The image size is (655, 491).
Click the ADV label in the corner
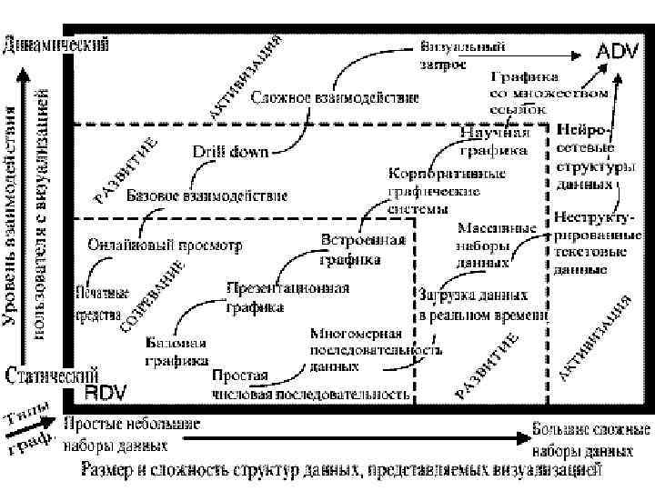tap(618, 52)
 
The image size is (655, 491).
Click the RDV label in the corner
tap(106, 393)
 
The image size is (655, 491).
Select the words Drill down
tap(230, 151)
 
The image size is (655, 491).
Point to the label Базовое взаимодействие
tap(207, 195)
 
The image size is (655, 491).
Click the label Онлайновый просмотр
tap(166, 245)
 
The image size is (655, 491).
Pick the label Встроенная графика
tap(349, 249)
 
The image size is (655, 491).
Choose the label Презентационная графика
tap(287, 296)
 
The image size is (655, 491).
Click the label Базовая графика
tap(175, 352)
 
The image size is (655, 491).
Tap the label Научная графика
tap(493, 141)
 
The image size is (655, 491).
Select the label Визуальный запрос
tap(462, 54)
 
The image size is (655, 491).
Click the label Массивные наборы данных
tap(491, 245)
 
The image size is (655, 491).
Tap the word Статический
tap(53, 375)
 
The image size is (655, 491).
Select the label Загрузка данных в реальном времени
tap(482, 306)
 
